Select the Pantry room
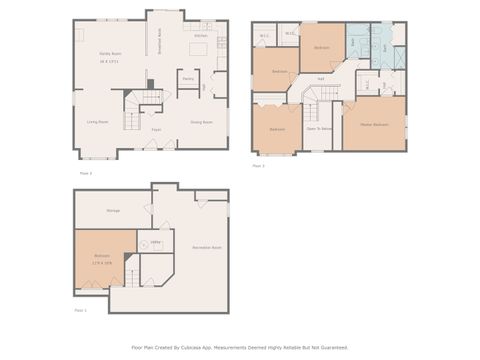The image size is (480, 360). coord(188,78)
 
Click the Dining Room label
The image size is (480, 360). coord(201,122)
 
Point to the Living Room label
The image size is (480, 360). coord(97,122)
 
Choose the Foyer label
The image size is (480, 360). coord(157,130)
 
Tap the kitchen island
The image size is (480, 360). coord(198,48)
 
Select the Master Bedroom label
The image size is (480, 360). coord(373,124)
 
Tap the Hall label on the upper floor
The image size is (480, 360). coord(320,79)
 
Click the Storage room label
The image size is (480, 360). coord(113,210)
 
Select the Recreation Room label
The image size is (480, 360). coord(206,246)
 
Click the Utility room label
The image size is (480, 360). coord(155,242)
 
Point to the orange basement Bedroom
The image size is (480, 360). coord(103,258)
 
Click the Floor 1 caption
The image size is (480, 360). coord(81,311)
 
